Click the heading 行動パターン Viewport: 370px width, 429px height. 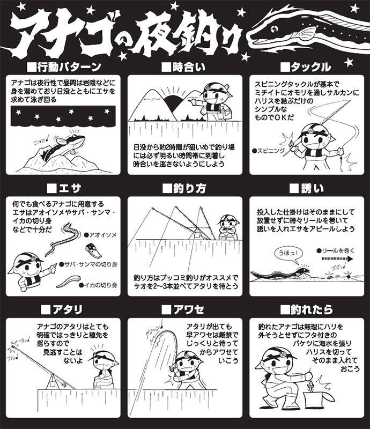pyautogui.click(x=69, y=66)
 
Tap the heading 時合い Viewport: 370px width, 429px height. pyautogui.click(x=188, y=67)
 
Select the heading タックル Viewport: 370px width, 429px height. pyautogui.click(x=310, y=67)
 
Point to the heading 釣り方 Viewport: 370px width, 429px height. pyautogui.click(x=189, y=189)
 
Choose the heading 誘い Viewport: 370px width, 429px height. pyautogui.click(x=312, y=189)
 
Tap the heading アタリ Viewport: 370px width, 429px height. pyautogui.click(x=68, y=310)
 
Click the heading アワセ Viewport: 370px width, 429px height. pyautogui.click(x=188, y=310)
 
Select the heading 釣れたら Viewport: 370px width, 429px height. pyautogui.click(x=312, y=310)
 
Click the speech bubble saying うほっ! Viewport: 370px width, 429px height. pyautogui.click(x=287, y=254)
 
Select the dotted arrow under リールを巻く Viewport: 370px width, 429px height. pyautogui.click(x=337, y=259)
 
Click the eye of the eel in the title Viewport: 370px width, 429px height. pyautogui.click(x=273, y=28)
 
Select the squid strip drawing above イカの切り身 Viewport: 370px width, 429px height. pyautogui.click(x=69, y=282)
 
